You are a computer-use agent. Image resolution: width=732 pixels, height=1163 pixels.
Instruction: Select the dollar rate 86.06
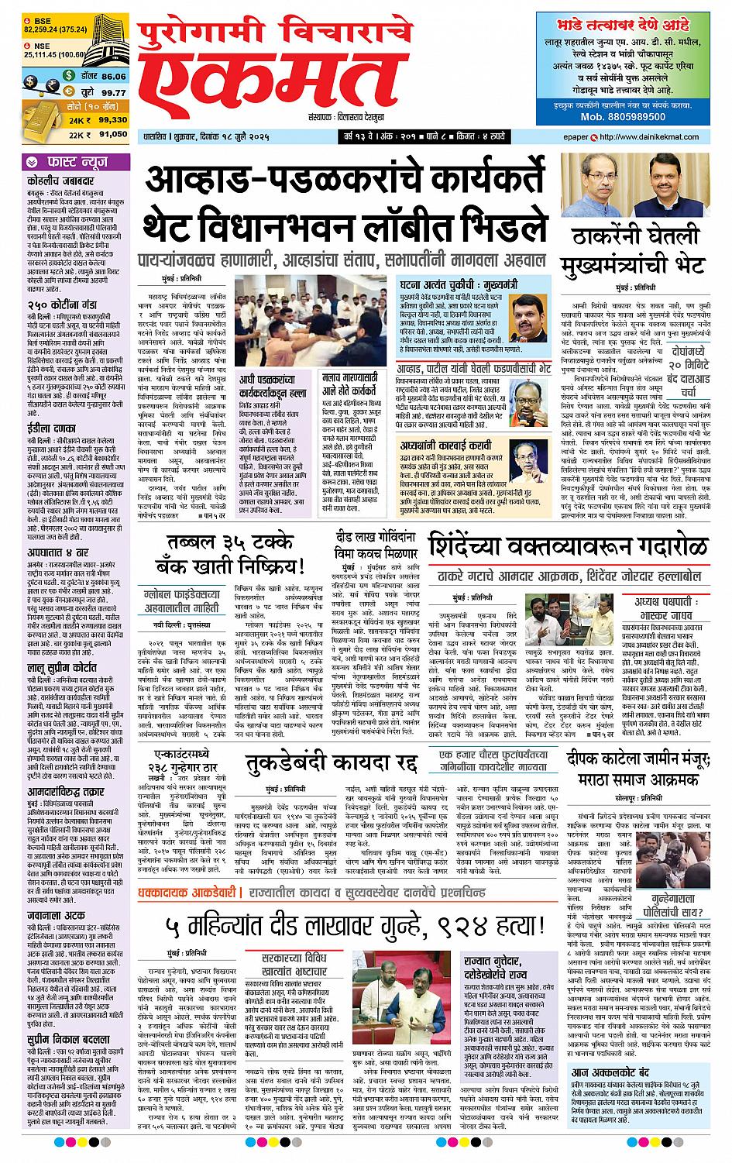113,77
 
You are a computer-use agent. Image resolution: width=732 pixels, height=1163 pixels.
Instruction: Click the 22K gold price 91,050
113,134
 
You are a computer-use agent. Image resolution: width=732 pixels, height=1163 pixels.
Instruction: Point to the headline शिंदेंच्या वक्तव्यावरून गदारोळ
569,525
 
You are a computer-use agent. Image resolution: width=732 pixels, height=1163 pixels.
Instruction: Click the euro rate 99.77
113,92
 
